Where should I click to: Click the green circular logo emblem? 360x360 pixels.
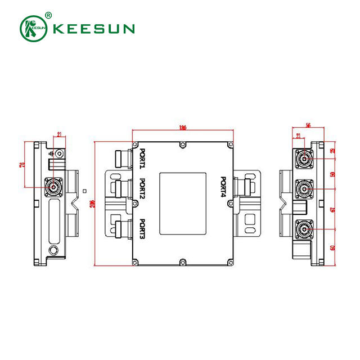[x=34, y=28]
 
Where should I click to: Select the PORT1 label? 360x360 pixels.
[x=143, y=158]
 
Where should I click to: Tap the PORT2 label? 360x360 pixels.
[x=143, y=189]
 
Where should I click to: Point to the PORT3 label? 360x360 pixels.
[x=143, y=228]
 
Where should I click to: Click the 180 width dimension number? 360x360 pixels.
[x=182, y=128]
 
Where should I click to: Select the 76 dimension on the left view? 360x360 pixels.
[x=22, y=164]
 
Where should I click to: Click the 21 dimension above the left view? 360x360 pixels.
[x=60, y=134]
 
